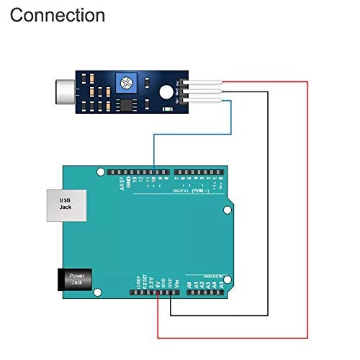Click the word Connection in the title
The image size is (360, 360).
click(x=58, y=15)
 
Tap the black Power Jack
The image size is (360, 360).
click(x=76, y=279)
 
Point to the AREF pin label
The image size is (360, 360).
click(x=121, y=184)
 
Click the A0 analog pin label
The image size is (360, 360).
click(x=189, y=285)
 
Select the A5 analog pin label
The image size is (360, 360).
click(x=222, y=285)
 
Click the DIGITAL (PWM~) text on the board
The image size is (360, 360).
click(x=191, y=192)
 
